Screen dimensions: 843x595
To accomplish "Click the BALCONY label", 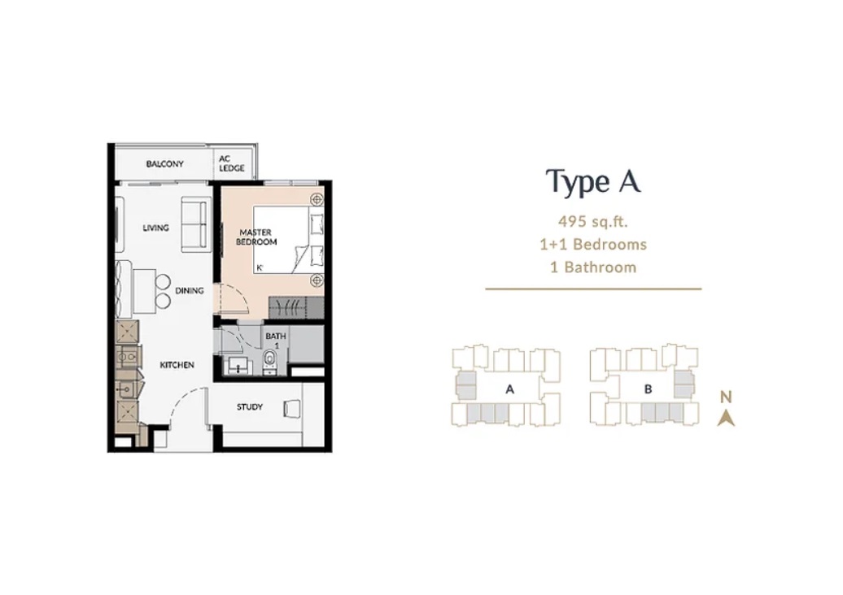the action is [164, 163].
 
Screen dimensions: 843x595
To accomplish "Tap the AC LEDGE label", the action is [232, 163].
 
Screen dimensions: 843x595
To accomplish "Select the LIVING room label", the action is [156, 228].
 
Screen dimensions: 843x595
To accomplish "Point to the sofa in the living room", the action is [194, 224].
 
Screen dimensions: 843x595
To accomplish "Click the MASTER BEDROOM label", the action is [256, 237].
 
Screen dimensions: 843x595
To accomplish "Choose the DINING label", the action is [190, 290].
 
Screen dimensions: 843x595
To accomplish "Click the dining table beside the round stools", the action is [144, 290].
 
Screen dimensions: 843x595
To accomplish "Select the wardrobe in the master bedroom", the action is [295, 306].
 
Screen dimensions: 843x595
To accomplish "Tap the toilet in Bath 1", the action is [269, 360].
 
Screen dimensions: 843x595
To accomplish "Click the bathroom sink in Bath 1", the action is [237, 365].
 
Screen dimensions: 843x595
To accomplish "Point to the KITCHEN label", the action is [177, 365].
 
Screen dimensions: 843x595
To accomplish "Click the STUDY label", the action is [250, 407].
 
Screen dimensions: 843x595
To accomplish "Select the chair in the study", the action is [292, 408].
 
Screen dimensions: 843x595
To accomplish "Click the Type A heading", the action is [593, 181].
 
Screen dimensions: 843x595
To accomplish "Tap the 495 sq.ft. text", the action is [593, 221].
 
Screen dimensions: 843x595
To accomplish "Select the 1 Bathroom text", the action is [593, 267].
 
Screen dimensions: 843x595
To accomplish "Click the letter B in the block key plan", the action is [648, 389].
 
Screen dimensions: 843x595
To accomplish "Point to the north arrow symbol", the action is [726, 418].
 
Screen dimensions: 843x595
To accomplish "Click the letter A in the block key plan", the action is [509, 389].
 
